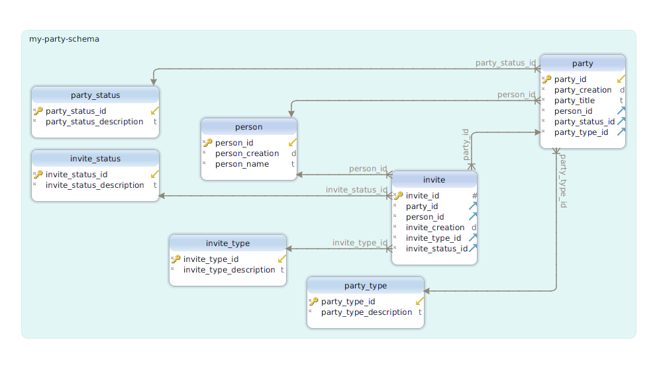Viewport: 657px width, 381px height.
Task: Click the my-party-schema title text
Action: pos(64,39)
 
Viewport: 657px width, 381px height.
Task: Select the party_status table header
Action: pos(95,95)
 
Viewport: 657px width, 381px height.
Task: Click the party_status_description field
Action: pos(94,122)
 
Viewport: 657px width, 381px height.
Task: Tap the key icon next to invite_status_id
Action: pos(38,175)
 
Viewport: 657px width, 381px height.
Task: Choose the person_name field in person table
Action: pos(242,164)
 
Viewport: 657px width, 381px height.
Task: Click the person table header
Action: pos(249,127)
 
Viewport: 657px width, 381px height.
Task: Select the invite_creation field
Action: pos(435,228)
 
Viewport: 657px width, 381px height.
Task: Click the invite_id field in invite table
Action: pos(423,196)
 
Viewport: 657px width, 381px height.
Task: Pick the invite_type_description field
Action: pos(229,270)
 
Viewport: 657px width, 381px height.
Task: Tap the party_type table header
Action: pos(366,286)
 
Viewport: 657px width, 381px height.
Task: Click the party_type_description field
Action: pos(366,312)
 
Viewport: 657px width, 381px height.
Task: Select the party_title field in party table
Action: pos(574,101)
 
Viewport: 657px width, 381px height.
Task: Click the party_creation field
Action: pos(583,90)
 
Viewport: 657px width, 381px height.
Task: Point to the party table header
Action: pos(583,63)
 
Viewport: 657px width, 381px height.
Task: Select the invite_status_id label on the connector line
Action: pos(356,190)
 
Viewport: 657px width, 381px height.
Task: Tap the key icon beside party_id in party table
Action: pos(546,79)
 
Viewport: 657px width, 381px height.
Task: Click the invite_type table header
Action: pos(228,243)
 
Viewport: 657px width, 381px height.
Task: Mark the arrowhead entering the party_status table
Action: pos(154,81)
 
